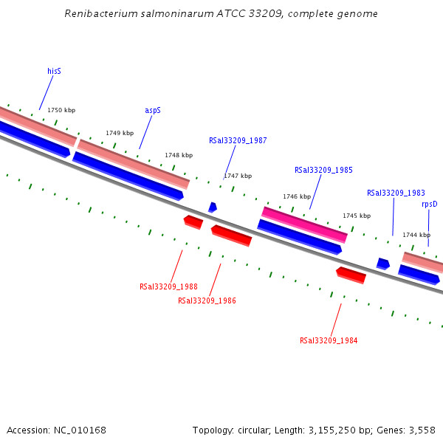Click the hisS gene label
click(x=54, y=71)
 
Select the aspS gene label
click(x=153, y=110)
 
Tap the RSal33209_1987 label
click(x=238, y=140)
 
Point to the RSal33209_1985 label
click(x=323, y=170)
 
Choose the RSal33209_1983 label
click(x=396, y=193)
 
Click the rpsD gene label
click(x=429, y=204)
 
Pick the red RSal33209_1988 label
click(x=168, y=286)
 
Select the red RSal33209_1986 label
click(x=207, y=301)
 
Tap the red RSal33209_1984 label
click(x=329, y=340)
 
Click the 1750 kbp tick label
click(x=61, y=110)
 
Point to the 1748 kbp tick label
click(x=179, y=155)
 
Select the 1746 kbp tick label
click(x=297, y=196)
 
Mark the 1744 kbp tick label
click(x=416, y=235)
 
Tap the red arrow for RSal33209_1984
click(x=351, y=275)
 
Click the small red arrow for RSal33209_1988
click(x=193, y=221)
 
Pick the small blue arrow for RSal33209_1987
click(x=213, y=207)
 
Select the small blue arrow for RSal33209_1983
click(x=382, y=264)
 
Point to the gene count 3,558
click(x=421, y=430)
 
